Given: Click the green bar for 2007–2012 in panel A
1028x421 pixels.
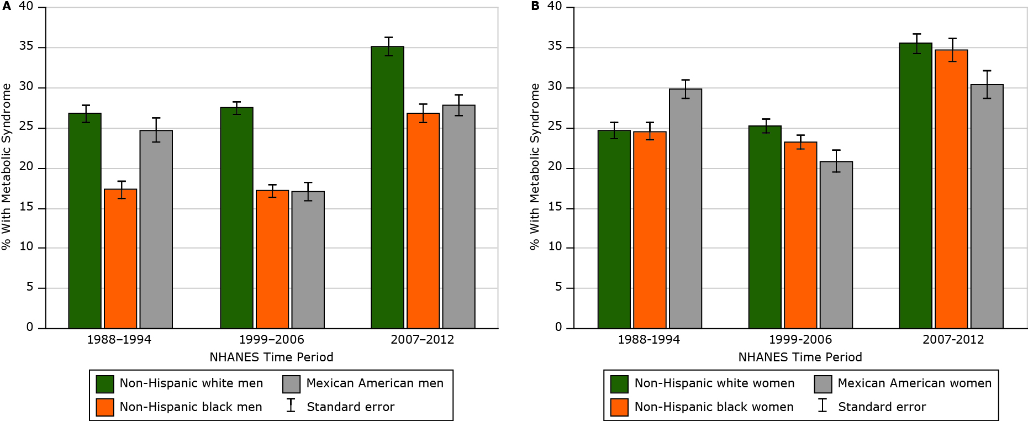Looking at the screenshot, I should click(387, 188).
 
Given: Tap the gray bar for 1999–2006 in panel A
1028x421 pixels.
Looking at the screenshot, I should click(308, 260).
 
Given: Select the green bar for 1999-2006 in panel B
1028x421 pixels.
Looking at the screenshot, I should click(765, 227).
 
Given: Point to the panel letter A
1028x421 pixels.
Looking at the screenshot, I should click(6, 7).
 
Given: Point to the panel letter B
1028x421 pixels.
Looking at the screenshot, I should click(535, 7).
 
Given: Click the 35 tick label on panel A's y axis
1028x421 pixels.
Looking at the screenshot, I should click(26, 46).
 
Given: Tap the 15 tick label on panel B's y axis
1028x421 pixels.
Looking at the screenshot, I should click(555, 207).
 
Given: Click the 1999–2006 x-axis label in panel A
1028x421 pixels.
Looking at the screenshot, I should click(271, 339).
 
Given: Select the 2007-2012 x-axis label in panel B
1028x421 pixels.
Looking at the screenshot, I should click(953, 339).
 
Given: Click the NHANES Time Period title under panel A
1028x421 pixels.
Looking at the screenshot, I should click(271, 357).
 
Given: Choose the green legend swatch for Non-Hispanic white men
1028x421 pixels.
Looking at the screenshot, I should click(105, 384).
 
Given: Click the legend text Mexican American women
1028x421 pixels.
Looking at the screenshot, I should click(914, 383).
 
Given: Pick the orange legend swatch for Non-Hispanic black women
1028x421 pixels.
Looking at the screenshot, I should click(619, 407).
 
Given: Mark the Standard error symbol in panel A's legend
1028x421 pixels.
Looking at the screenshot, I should click(291, 406).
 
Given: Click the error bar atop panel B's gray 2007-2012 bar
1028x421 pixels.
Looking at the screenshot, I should click(987, 85).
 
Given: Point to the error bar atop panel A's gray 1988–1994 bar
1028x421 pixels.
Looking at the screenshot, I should click(156, 130).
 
